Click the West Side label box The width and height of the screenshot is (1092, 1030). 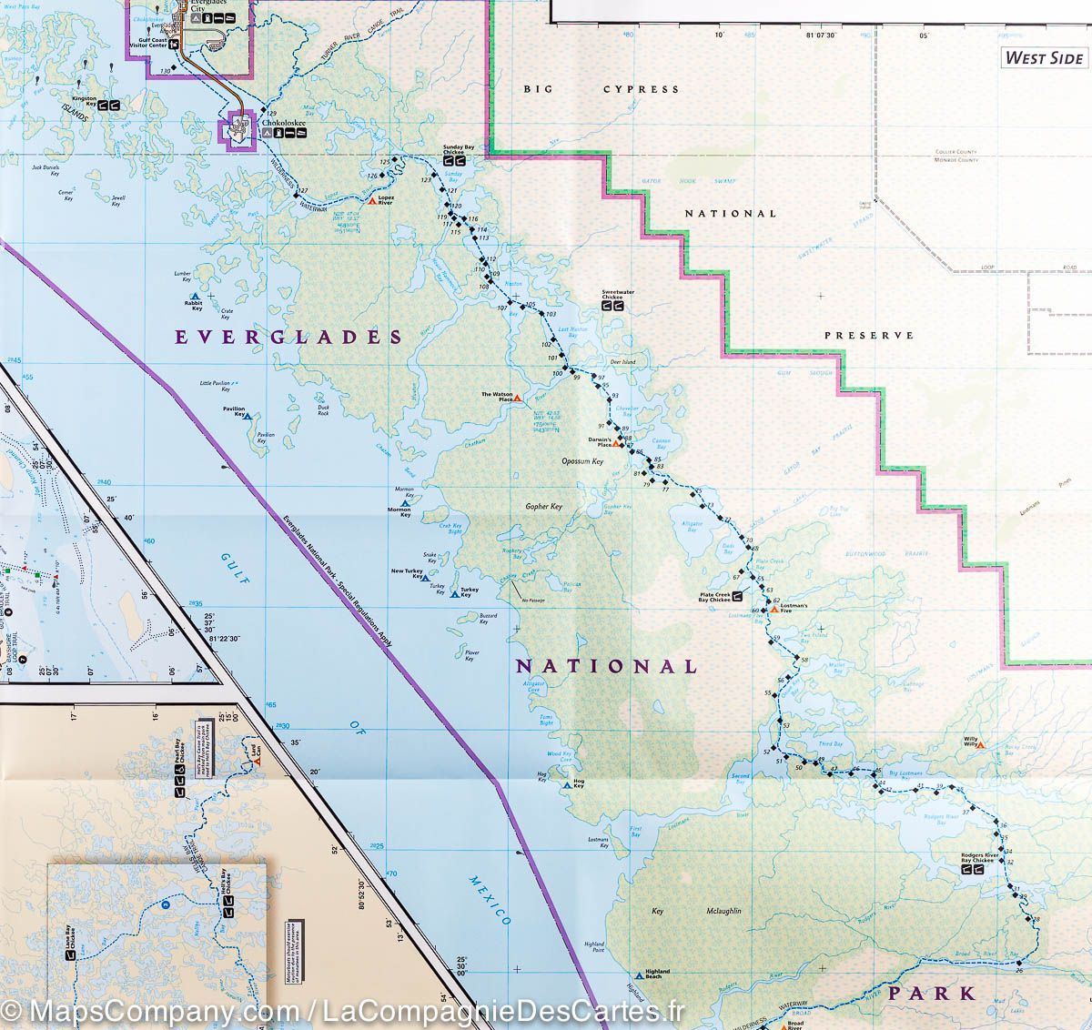click(1044, 57)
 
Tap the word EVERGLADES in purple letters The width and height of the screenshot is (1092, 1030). click(288, 338)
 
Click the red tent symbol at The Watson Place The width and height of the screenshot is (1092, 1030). click(518, 398)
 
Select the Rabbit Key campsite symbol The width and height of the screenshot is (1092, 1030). click(195, 297)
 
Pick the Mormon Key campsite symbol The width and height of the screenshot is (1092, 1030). click(405, 501)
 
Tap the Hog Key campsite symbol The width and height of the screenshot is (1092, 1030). click(567, 784)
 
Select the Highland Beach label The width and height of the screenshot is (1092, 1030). click(657, 974)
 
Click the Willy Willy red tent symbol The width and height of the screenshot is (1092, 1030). click(981, 745)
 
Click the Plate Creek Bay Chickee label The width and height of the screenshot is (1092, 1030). click(713, 597)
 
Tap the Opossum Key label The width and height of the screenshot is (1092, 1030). click(582, 461)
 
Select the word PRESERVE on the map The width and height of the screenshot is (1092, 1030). click(868, 336)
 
